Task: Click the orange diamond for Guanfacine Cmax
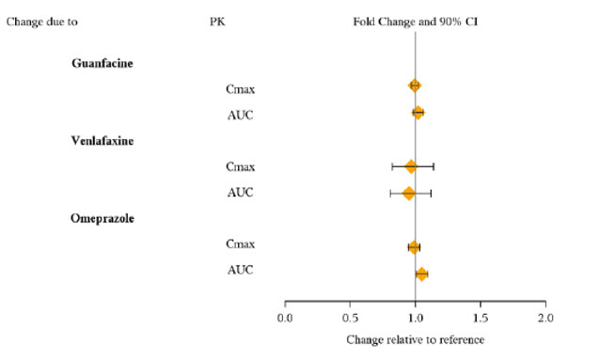tap(415, 86)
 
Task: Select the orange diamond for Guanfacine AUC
tap(418, 113)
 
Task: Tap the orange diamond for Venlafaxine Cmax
tap(411, 166)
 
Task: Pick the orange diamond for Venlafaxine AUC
tap(409, 194)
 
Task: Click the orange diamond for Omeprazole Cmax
tap(414, 247)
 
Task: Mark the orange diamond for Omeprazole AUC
tap(422, 274)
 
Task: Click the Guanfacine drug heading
tap(102, 63)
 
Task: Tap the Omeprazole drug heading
tap(102, 219)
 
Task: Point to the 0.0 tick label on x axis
tap(285, 318)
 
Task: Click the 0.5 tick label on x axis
tap(350, 318)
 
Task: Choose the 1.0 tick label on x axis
tap(416, 318)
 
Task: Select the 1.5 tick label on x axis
tap(480, 318)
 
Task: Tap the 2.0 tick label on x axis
tap(545, 318)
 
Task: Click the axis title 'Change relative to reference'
tap(415, 338)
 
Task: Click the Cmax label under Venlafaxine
tap(241, 166)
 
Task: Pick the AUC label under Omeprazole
tap(241, 271)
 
